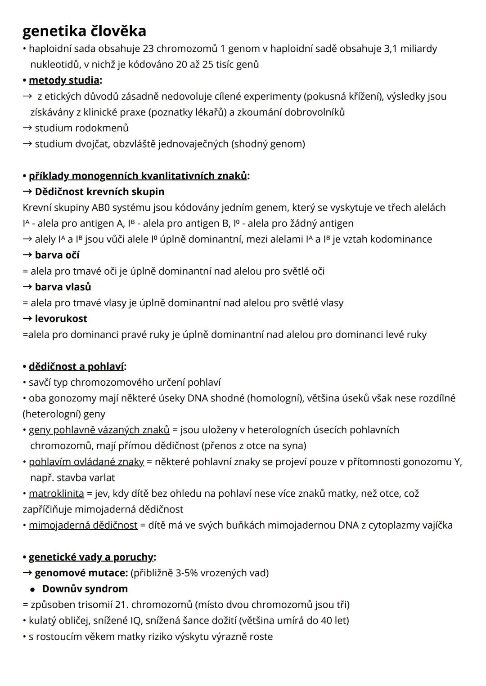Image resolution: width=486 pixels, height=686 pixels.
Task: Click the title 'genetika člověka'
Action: pyautogui.click(x=84, y=31)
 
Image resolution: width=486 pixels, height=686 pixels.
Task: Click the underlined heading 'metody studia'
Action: pyautogui.click(x=64, y=80)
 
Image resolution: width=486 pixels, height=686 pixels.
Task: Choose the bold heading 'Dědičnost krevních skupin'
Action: pyautogui.click(x=99, y=192)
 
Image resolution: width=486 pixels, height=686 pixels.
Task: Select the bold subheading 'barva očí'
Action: pyautogui.click(x=57, y=255)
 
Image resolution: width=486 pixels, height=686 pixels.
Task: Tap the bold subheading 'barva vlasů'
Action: pyautogui.click(x=63, y=287)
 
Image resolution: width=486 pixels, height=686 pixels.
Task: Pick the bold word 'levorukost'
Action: pyautogui.click(x=61, y=319)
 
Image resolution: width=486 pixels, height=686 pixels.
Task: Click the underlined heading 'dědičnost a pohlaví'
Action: pyautogui.click(x=76, y=366)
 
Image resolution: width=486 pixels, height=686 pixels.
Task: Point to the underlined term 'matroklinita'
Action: pyautogui.click(x=56, y=494)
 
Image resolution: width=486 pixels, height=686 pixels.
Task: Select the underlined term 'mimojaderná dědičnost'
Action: pyautogui.click(x=83, y=525)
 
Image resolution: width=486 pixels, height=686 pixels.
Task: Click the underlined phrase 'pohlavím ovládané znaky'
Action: pyautogui.click(x=86, y=462)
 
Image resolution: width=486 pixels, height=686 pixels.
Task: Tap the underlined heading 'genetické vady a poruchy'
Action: pyautogui.click(x=91, y=557)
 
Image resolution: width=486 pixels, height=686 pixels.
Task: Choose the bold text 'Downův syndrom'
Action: pyautogui.click(x=85, y=589)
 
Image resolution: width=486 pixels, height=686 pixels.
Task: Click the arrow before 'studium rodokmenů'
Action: pyautogui.click(x=27, y=128)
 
